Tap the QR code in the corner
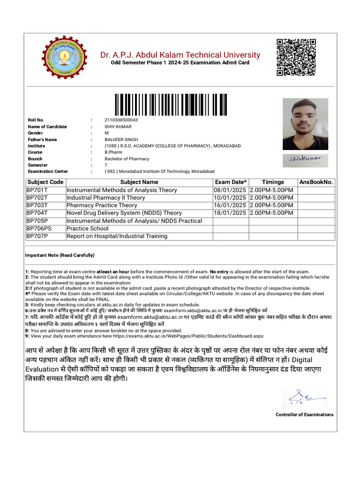point(295,57)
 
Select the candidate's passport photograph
point(305,124)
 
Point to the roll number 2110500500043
point(121,120)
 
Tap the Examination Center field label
point(48,172)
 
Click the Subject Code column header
point(45,182)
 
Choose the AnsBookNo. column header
point(316,182)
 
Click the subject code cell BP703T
point(37,205)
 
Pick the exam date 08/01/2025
point(230,190)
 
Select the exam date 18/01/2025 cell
point(230,213)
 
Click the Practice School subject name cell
point(87,228)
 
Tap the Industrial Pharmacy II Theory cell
point(106,198)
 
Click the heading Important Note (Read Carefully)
point(60,255)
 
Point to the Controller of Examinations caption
point(304,414)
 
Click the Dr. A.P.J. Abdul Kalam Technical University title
point(180,55)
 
